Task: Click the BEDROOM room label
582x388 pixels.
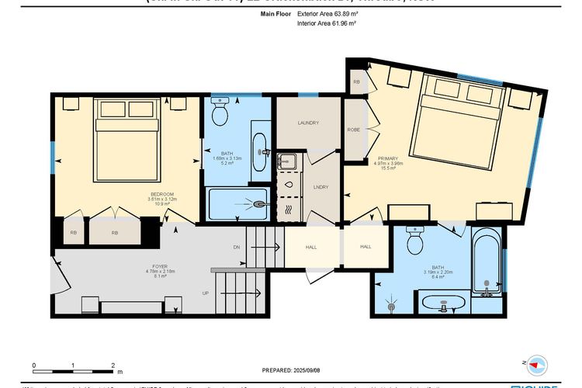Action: (x=161, y=193)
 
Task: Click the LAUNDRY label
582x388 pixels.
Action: (x=308, y=123)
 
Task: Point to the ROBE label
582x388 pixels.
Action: (x=353, y=130)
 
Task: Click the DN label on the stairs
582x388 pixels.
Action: (x=236, y=248)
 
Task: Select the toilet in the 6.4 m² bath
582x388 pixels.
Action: (x=414, y=242)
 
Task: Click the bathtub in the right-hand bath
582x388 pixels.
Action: (x=487, y=264)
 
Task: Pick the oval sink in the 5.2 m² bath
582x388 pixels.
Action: (x=260, y=144)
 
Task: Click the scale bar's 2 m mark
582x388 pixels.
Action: (x=113, y=365)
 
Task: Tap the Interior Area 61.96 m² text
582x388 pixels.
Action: (x=326, y=24)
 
